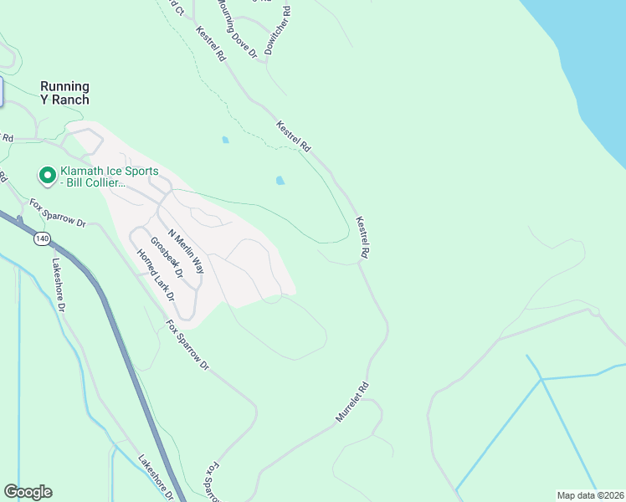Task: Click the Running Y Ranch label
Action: coord(64,93)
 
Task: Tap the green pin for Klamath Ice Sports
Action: coord(48,176)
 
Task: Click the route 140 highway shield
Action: coord(43,239)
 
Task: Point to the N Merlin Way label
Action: coord(186,251)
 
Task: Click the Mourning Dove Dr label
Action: coord(236,28)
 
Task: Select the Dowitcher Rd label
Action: coord(278,31)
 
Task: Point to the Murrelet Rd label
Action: coord(352,402)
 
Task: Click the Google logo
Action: coord(28,492)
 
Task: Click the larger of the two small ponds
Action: coord(280,180)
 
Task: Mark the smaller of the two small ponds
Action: coord(224,140)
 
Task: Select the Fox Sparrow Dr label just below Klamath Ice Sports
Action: coord(59,213)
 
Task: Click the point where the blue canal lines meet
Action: coord(542,379)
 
